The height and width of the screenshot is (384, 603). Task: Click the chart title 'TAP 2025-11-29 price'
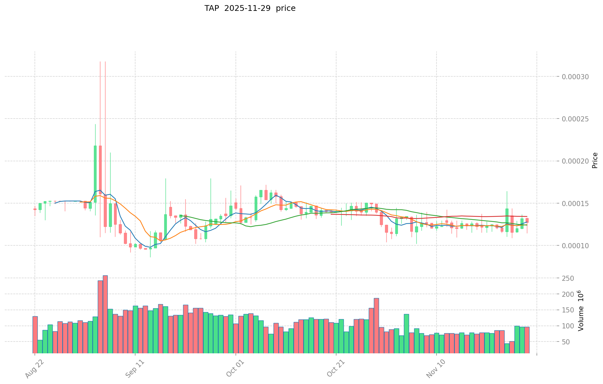250,8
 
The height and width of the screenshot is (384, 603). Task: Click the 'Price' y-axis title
595,160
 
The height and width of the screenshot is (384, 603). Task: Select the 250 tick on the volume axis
569,279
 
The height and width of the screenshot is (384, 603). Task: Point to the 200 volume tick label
569,294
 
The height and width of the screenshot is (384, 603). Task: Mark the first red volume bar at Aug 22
35,334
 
